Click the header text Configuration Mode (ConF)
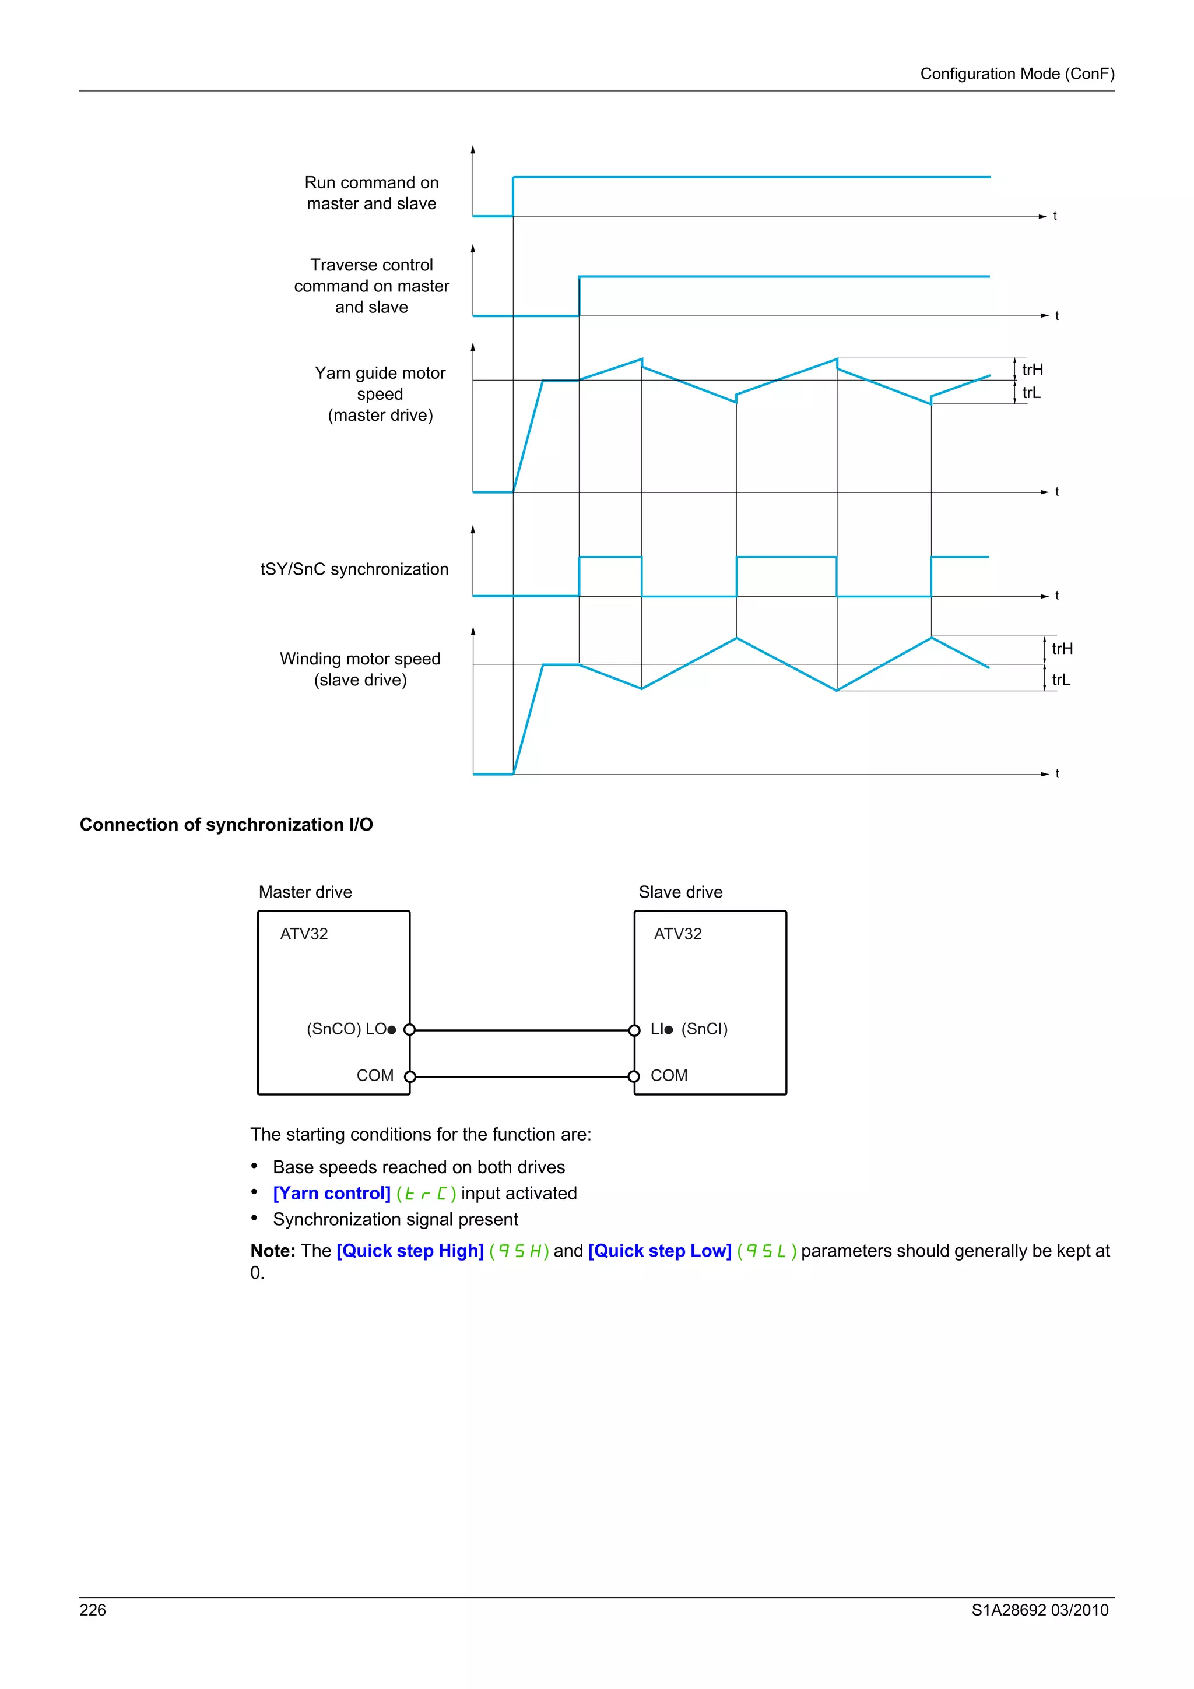pyautogui.click(x=1017, y=73)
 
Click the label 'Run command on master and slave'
pyautogui.click(x=371, y=193)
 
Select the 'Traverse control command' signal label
pyautogui.click(x=371, y=286)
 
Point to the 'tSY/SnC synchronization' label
pyautogui.click(x=354, y=569)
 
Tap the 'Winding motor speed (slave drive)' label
pyautogui.click(x=360, y=668)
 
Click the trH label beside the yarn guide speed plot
pyautogui.click(x=1032, y=370)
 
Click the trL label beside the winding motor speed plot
pyautogui.click(x=1061, y=680)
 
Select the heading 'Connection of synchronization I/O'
pyautogui.click(x=226, y=825)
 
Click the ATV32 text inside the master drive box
pyautogui.click(x=304, y=934)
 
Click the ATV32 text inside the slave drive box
pyautogui.click(x=677, y=934)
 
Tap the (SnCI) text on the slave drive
pyautogui.click(x=704, y=1029)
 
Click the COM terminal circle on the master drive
pyautogui.click(x=410, y=1077)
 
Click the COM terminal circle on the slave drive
pyautogui.click(x=634, y=1077)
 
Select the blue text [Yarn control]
pyautogui.click(x=331, y=1193)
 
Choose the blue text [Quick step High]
pyautogui.click(x=410, y=1251)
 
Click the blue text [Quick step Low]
pyautogui.click(x=659, y=1251)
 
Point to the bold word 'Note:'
pyautogui.click(x=272, y=1251)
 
